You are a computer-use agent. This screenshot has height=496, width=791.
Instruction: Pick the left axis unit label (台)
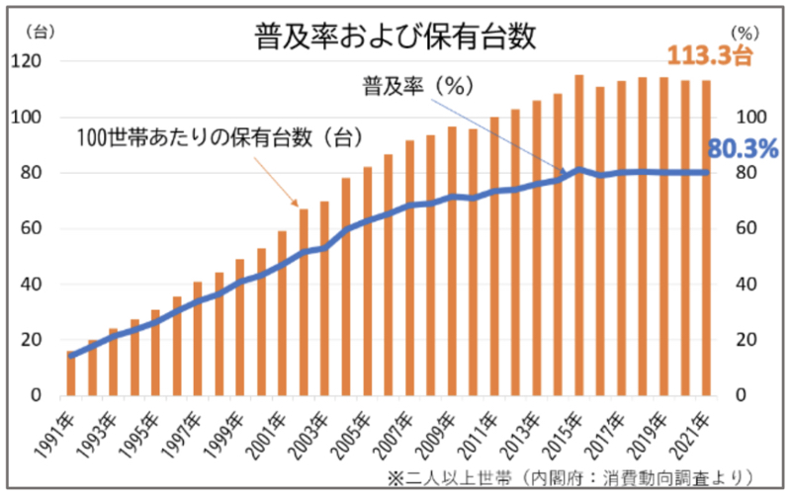37,32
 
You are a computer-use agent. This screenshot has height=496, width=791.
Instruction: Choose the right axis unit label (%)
745,59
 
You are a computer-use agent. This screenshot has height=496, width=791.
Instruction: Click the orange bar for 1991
71,375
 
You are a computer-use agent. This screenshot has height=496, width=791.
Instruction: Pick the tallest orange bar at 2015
579,237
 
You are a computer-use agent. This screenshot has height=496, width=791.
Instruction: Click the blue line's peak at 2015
579,170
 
